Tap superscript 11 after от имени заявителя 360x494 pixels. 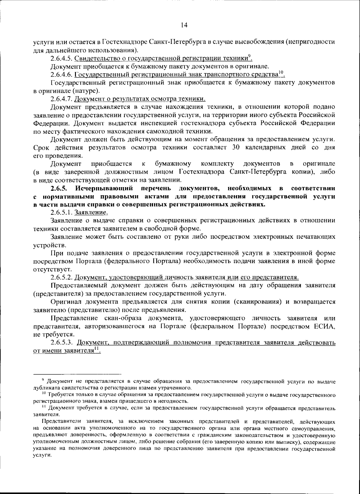[96, 349]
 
